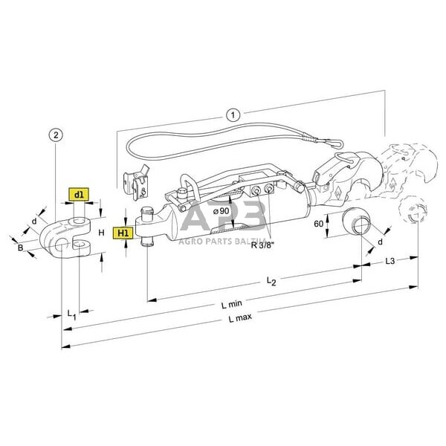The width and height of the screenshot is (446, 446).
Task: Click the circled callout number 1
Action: click(x=233, y=115)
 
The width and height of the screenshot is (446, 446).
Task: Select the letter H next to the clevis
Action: click(x=101, y=232)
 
